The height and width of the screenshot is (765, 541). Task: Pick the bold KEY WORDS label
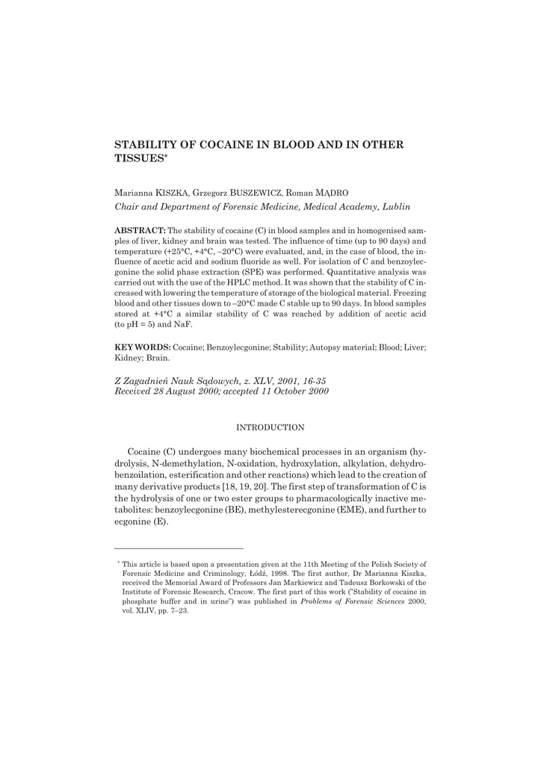[143, 348]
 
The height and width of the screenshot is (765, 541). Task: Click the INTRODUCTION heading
[270, 427]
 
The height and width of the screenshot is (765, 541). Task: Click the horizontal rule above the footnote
[179, 548]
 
